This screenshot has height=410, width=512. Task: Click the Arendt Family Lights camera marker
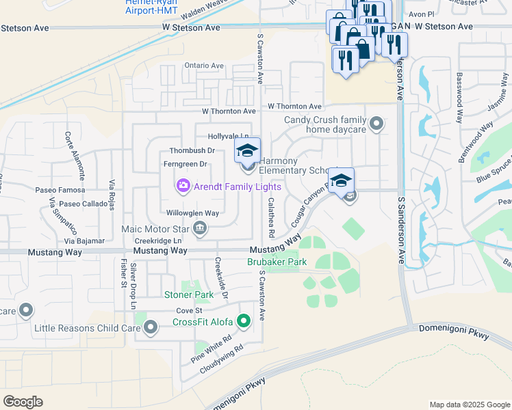(x=183, y=185)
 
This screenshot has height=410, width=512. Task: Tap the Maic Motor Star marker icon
(x=200, y=229)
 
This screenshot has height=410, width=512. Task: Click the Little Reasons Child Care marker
(x=151, y=329)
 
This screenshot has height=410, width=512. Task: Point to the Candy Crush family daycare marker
(x=376, y=124)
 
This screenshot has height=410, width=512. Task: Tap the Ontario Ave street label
(x=204, y=66)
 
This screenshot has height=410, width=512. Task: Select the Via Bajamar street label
(x=84, y=241)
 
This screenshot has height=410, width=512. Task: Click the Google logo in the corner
(x=23, y=401)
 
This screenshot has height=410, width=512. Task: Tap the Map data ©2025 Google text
(x=469, y=404)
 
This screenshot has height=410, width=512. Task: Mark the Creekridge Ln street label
(x=157, y=241)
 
